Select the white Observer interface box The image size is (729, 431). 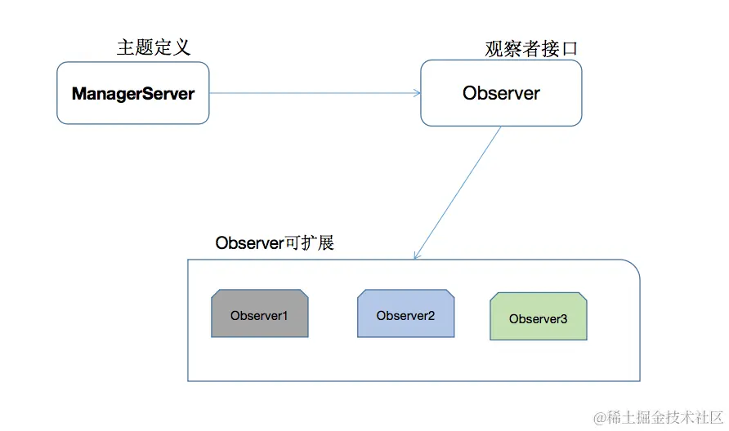(x=501, y=93)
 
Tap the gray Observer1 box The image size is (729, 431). (x=259, y=314)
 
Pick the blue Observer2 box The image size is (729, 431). (x=406, y=313)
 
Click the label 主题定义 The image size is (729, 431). (x=154, y=47)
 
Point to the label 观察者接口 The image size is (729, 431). (x=531, y=48)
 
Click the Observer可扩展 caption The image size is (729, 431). (x=275, y=242)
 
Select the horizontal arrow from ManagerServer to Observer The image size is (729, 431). (x=315, y=93)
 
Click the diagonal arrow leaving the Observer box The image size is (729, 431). (x=458, y=192)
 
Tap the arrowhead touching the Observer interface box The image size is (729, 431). (x=416, y=93)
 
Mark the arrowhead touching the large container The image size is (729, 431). (x=417, y=255)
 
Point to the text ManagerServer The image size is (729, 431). (x=133, y=94)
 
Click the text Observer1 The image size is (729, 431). (x=258, y=315)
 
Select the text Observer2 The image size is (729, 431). (x=405, y=315)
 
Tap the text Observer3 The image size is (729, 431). (x=538, y=319)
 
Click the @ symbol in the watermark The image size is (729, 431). (x=599, y=417)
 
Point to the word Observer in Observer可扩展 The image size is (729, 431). (x=248, y=242)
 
